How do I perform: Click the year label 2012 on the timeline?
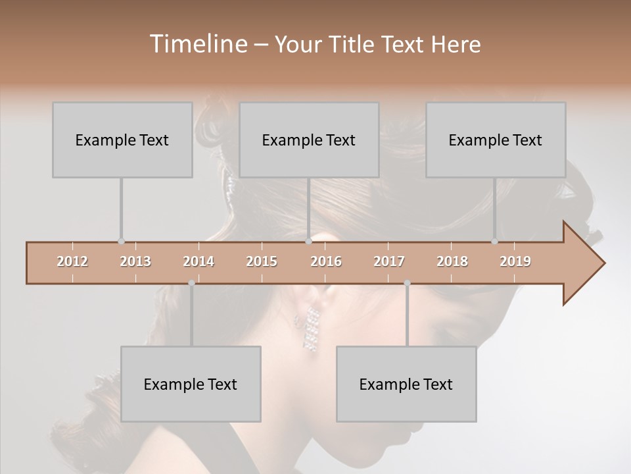click(72, 261)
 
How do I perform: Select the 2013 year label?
click(135, 261)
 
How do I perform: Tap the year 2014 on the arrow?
click(199, 261)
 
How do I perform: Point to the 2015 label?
click(262, 261)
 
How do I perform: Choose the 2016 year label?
click(326, 261)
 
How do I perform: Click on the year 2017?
click(389, 261)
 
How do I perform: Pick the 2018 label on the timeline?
click(452, 261)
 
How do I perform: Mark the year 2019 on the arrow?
click(515, 261)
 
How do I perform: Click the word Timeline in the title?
click(197, 44)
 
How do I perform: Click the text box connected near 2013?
click(122, 140)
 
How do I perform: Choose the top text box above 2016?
click(309, 140)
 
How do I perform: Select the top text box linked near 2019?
click(496, 140)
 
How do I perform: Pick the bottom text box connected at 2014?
click(191, 384)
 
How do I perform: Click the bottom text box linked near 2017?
click(406, 384)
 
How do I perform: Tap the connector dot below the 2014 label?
click(191, 283)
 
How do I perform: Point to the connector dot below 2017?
click(407, 283)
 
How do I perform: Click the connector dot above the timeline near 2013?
click(121, 242)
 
